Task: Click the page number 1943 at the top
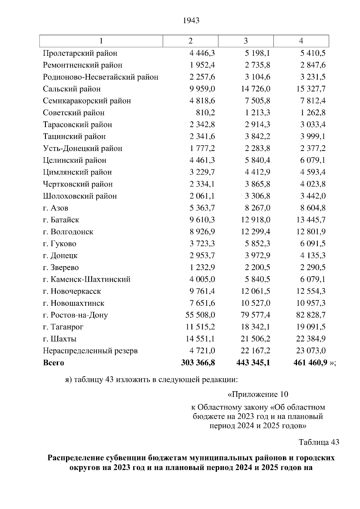click(x=191, y=20)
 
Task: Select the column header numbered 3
click(x=246, y=41)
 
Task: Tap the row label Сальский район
click(x=72, y=89)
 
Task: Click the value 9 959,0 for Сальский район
click(x=202, y=89)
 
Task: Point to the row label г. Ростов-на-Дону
click(x=75, y=315)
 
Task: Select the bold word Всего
click(x=53, y=363)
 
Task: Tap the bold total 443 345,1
click(x=253, y=363)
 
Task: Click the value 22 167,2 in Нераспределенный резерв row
click(x=255, y=351)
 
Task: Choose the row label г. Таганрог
click(x=63, y=327)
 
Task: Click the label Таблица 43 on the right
click(x=319, y=442)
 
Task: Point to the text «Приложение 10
click(x=258, y=394)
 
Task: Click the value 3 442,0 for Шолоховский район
click(x=313, y=196)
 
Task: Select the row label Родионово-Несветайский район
click(x=100, y=77)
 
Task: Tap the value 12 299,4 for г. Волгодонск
click(x=255, y=232)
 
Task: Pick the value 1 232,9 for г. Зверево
click(x=202, y=267)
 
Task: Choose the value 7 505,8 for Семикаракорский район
click(x=257, y=101)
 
